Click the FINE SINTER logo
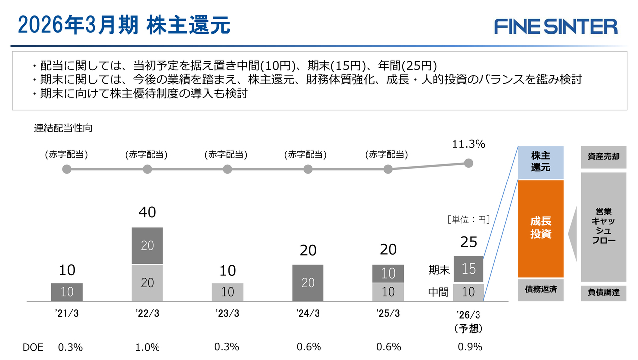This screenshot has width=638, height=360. [x=556, y=26]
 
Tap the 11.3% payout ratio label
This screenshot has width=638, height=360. [x=468, y=144]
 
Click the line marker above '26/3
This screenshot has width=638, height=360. [x=468, y=163]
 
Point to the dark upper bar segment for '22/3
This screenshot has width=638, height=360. [x=147, y=246]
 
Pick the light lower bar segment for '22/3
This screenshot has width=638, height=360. [x=147, y=283]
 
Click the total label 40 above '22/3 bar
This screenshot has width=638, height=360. [x=147, y=213]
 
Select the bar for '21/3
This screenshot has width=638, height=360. [x=67, y=292]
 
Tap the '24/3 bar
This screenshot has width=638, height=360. [x=308, y=283]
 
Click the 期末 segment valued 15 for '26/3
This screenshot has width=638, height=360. [x=469, y=269]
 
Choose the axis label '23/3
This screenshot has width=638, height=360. [x=227, y=313]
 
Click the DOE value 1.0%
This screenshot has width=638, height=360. [x=147, y=347]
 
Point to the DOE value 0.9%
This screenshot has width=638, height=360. [x=470, y=347]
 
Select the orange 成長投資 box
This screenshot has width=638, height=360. [x=541, y=228]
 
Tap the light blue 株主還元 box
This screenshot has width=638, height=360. [x=541, y=162]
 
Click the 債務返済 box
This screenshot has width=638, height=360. [x=541, y=289]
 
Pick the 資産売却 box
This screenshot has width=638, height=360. [x=603, y=157]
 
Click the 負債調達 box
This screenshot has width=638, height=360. [x=603, y=293]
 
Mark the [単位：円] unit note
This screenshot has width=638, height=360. [x=469, y=219]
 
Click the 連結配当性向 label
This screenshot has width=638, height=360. [x=63, y=128]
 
